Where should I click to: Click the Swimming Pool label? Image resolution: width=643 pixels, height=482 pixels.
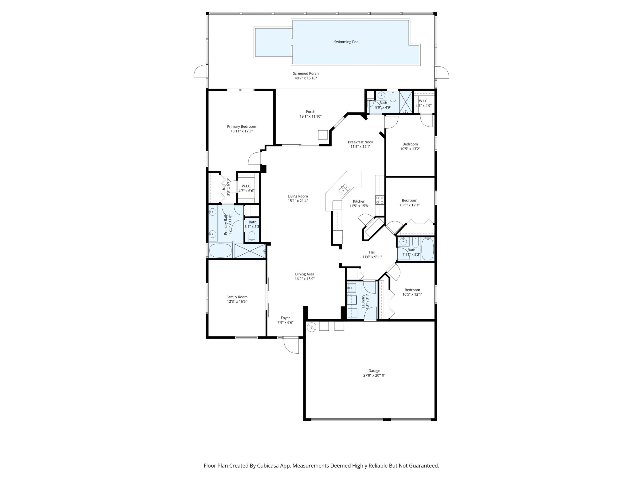point(347,42)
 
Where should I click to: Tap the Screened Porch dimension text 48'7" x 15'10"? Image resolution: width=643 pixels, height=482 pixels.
point(305,78)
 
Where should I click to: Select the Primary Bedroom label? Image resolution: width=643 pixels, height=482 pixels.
point(241,126)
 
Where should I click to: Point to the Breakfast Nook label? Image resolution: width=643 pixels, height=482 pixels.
point(360,142)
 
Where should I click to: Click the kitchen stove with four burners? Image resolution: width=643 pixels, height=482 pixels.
point(380,200)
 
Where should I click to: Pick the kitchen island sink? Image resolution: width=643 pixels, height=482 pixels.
point(345,189)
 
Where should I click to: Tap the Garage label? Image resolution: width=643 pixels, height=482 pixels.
point(374,371)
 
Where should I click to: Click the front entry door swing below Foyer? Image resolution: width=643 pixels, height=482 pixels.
point(292,346)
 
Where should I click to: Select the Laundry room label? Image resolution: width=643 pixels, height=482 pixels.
point(363,301)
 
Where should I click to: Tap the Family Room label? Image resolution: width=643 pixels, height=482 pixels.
point(237,297)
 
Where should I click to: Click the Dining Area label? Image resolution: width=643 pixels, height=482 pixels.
point(304,274)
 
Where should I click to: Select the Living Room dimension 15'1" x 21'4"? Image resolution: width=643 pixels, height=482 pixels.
point(298,201)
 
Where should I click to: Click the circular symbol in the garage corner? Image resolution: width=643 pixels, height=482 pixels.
point(311,327)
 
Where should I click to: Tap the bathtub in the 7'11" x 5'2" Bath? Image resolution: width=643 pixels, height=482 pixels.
point(427,249)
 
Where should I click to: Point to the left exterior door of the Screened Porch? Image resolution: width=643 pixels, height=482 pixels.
point(200,72)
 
